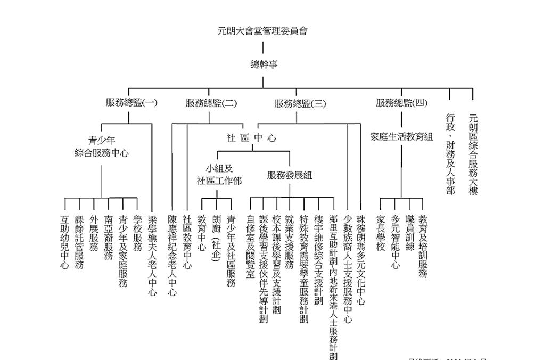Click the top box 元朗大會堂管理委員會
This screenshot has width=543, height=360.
coord(262,31)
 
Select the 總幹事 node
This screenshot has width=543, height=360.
coord(264,64)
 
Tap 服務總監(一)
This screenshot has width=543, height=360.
coord(131,103)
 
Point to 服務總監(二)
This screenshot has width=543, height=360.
coord(211,103)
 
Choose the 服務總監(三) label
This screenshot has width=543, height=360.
coord(300,103)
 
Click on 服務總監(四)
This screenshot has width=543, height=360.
coord(401,103)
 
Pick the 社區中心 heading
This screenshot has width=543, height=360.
coord(251,138)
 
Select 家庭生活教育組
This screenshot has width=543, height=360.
coord(401,137)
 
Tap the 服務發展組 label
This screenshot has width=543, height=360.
coord(290,175)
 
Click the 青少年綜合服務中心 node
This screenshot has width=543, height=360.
coord(102,147)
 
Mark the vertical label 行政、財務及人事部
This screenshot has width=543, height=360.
coord(450,153)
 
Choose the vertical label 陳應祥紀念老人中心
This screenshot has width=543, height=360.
coord(172,255)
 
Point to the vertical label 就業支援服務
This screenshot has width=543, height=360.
coord(290,242)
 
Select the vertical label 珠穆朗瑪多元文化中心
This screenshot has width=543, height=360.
coord(361,260)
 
